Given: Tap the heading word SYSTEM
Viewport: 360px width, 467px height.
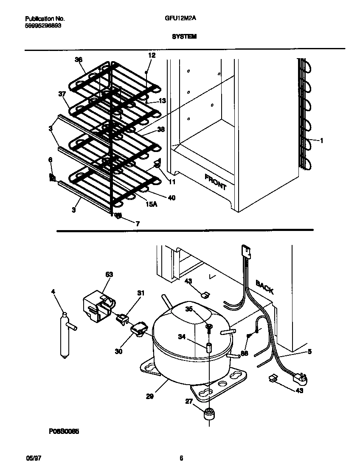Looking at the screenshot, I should (x=184, y=37).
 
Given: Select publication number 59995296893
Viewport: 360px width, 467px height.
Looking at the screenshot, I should (x=43, y=25).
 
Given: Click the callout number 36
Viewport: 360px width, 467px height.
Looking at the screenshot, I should (x=79, y=60).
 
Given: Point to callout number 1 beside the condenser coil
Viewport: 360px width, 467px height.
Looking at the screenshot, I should (x=321, y=141).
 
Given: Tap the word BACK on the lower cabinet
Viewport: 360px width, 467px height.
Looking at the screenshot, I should (x=264, y=287).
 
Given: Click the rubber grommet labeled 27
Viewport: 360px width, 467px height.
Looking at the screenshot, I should (x=208, y=413).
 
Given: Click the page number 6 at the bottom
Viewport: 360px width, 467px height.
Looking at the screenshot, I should (x=181, y=458).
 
